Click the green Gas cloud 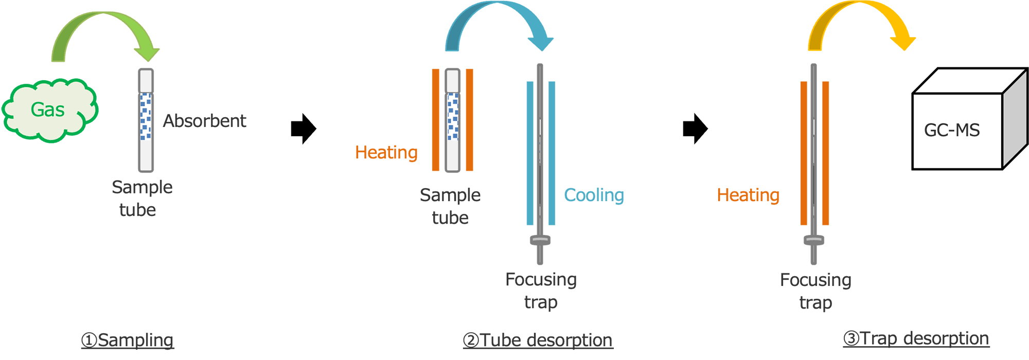click(49, 110)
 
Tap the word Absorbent click(204, 121)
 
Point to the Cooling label click(594, 195)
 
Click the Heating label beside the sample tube click(386, 152)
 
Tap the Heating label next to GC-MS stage click(748, 195)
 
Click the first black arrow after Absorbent click(304, 129)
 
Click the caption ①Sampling click(128, 340)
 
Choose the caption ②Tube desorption click(538, 340)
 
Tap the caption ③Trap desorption click(916, 338)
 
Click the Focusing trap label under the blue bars click(541, 291)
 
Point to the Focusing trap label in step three click(815, 291)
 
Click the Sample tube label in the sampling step click(141, 198)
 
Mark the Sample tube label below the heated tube click(450, 206)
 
